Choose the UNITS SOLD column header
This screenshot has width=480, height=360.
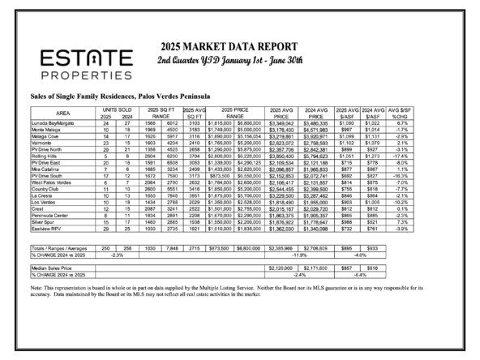[x=118, y=109]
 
